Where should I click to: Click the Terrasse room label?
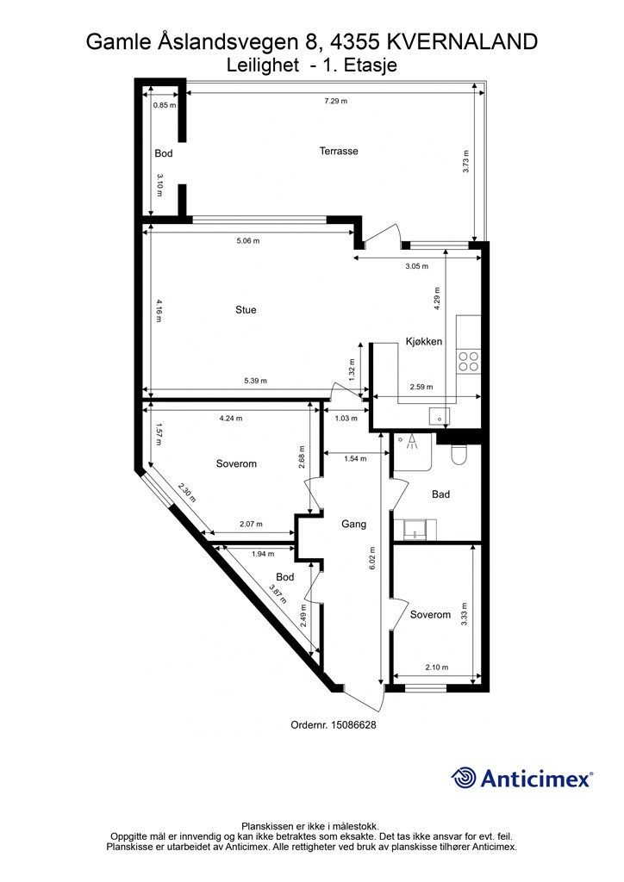coord(339,151)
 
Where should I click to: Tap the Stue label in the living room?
coord(246,309)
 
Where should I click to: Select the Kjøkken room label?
coord(424,341)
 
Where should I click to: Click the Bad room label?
coord(440,494)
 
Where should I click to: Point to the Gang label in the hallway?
coord(354,525)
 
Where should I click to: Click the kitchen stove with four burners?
coord(468,361)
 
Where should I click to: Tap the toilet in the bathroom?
coord(459,455)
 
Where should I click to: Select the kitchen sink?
coord(440,416)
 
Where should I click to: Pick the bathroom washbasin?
coord(415,530)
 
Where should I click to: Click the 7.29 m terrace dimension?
coord(335,102)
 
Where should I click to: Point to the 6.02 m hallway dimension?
coord(372,560)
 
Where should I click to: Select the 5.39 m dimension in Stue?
coord(255,381)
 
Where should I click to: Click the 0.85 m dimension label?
coord(165,104)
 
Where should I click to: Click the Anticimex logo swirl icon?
coord(464,778)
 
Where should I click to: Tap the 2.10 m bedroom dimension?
coord(437,668)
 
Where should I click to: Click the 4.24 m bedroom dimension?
coord(231,418)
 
